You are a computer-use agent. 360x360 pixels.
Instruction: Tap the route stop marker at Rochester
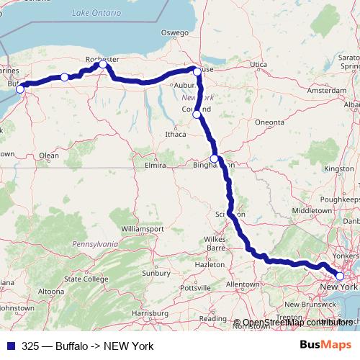(x=103, y=65)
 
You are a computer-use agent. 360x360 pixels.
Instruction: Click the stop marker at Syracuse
(x=197, y=71)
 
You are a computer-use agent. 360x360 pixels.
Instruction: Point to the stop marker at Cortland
(x=197, y=114)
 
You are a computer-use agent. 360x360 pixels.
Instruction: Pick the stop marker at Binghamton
(x=214, y=159)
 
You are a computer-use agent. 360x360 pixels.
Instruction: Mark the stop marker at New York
(x=340, y=276)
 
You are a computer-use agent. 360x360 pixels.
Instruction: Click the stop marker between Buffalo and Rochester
(x=64, y=77)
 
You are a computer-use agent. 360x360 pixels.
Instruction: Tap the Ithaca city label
(x=176, y=133)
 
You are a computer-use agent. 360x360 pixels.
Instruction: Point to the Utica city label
(x=258, y=65)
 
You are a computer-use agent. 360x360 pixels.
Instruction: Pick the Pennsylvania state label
(x=91, y=244)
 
